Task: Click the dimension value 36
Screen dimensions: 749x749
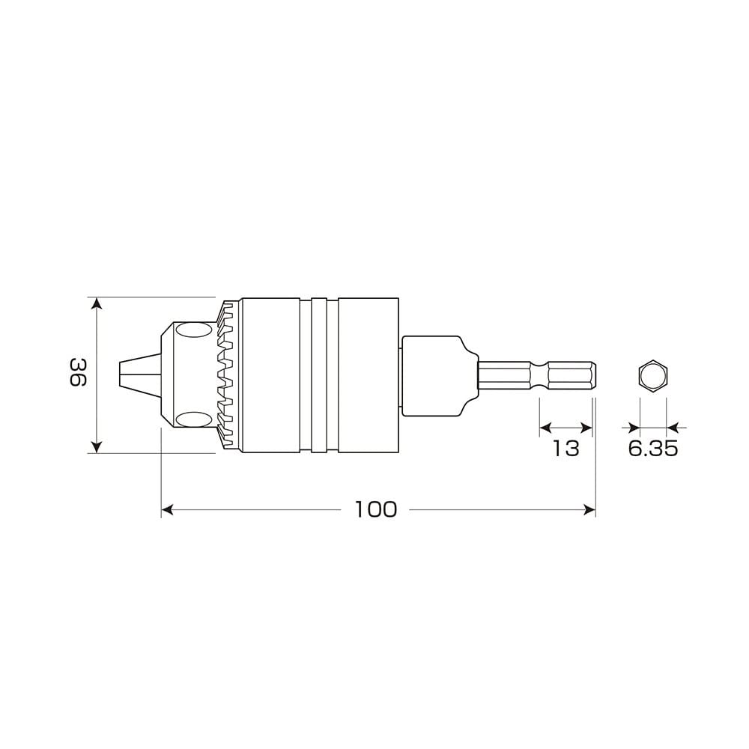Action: coord(77,372)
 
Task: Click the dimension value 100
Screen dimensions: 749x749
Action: coord(376,510)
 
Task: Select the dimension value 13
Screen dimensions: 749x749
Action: coord(566,448)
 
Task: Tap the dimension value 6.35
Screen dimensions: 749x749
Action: coord(652,448)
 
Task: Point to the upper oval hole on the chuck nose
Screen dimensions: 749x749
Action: coord(194,330)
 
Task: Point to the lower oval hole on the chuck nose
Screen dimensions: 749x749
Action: coord(194,419)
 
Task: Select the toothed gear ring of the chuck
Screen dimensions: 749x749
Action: coord(228,374)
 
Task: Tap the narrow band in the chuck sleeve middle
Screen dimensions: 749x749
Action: coord(320,374)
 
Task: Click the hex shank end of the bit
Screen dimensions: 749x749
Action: coord(573,374)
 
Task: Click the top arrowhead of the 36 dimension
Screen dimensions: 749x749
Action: coord(96,302)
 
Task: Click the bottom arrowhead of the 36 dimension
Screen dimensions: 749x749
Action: coord(96,447)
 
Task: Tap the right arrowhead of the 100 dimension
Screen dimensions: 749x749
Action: coord(589,510)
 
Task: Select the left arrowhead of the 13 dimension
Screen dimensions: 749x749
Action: coord(545,428)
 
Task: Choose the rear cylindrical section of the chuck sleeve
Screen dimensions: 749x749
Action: coord(368,374)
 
